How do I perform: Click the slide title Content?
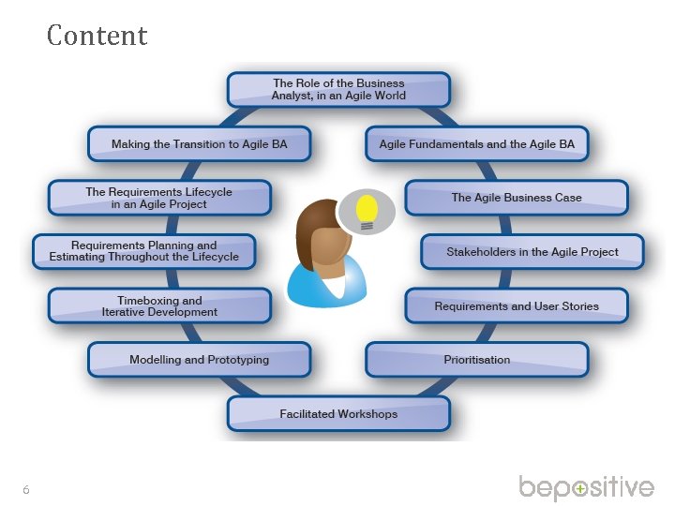pyautogui.click(x=97, y=36)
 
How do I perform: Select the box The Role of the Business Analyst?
pyautogui.click(x=338, y=89)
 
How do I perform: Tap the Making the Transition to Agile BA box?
pyautogui.click(x=199, y=144)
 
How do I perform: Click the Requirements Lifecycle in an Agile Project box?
pyautogui.click(x=159, y=198)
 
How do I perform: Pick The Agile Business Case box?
pyautogui.click(x=517, y=198)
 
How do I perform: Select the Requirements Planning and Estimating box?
pyautogui.click(x=143, y=251)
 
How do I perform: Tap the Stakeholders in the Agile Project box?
pyautogui.click(x=532, y=251)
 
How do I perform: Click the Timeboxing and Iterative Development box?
pyautogui.click(x=159, y=305)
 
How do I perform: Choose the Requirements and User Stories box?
pyautogui.click(x=517, y=305)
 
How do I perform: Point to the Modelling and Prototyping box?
pyautogui.click(x=199, y=360)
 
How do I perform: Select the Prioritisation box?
pyautogui.click(x=477, y=360)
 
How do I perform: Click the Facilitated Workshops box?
pyautogui.click(x=338, y=413)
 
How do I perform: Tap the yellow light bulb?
pyautogui.click(x=367, y=207)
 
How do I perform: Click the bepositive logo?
pyautogui.click(x=586, y=488)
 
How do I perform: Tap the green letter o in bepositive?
pyautogui.click(x=581, y=489)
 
